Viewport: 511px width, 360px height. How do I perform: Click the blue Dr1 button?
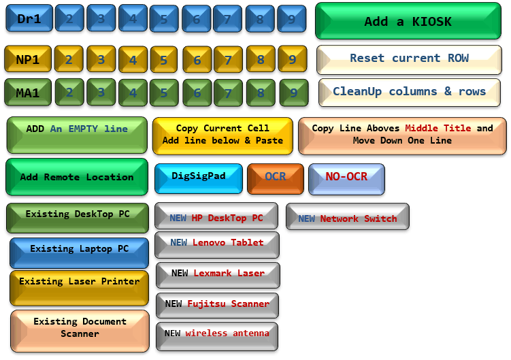point(29,19)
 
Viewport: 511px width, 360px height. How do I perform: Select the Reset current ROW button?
point(409,59)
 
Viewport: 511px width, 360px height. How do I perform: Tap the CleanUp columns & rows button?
point(409,92)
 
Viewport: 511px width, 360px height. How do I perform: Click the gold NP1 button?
point(27,60)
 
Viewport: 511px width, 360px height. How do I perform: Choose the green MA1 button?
point(27,92)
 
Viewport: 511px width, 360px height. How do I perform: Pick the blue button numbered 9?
point(291,19)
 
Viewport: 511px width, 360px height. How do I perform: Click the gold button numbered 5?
point(164,60)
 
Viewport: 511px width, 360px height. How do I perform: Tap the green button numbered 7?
point(228,92)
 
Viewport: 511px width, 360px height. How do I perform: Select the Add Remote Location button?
point(76,177)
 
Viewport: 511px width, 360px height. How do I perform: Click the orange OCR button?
point(275,177)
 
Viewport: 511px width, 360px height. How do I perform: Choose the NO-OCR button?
point(346,178)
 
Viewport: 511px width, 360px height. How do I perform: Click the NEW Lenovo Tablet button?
point(217,243)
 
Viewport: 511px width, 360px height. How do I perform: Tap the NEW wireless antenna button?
point(217,334)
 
